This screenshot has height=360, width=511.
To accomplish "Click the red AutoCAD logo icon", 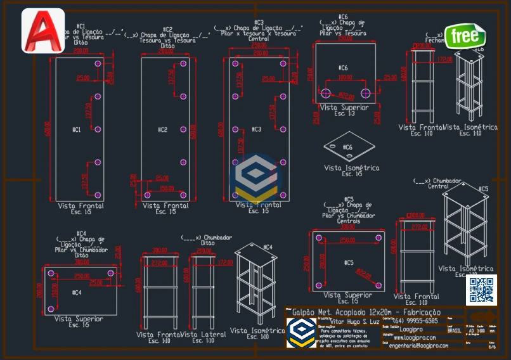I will (x=43, y=30).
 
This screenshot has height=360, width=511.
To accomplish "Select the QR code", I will (x=481, y=290).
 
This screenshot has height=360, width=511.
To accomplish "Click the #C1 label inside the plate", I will (x=77, y=130).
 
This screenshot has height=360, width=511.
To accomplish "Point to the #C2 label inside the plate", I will (x=163, y=130).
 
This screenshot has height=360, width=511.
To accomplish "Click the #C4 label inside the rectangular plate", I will (x=77, y=293).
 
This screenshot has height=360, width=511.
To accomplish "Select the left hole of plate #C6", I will (x=326, y=93).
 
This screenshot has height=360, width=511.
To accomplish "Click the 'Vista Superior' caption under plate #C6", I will (x=345, y=108).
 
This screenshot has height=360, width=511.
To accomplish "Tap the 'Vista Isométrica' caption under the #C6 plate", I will (x=351, y=168).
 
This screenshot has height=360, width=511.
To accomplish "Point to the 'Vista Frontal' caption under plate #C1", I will (x=81, y=206).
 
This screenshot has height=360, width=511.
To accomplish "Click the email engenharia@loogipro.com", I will (x=418, y=345).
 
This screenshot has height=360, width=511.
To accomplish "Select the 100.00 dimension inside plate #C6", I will (x=345, y=77).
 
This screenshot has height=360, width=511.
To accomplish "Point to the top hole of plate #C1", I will (x=97, y=64).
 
